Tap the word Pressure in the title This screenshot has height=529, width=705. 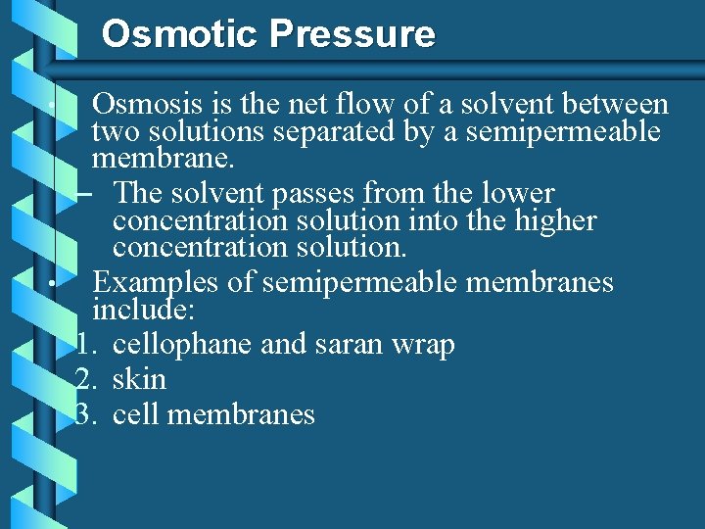(352, 34)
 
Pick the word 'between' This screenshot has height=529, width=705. (611, 105)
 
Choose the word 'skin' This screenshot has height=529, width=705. (139, 379)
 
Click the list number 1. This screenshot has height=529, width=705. (84, 346)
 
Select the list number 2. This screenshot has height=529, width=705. (84, 379)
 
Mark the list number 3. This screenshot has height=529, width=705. (84, 414)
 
